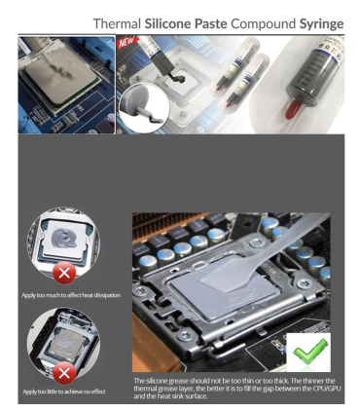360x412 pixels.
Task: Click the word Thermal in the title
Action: click(117, 23)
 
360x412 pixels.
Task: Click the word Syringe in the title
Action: click(321, 24)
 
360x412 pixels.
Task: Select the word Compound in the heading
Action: click(263, 23)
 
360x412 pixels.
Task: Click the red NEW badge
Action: click(126, 43)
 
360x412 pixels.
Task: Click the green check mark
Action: click(309, 352)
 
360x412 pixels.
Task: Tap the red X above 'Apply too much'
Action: click(64, 273)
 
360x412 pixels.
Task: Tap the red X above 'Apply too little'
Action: click(64, 373)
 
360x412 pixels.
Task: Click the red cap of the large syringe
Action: click(294, 109)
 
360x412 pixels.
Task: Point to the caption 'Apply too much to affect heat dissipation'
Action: click(71, 295)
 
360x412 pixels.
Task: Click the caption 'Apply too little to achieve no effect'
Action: click(64, 392)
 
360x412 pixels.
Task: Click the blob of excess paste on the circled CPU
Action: click(64, 237)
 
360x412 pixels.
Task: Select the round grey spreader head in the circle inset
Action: click(134, 97)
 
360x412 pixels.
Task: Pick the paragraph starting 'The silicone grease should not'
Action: click(237, 388)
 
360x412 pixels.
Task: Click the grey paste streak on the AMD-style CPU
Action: click(60, 65)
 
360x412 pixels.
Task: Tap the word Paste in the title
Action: click(210, 23)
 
